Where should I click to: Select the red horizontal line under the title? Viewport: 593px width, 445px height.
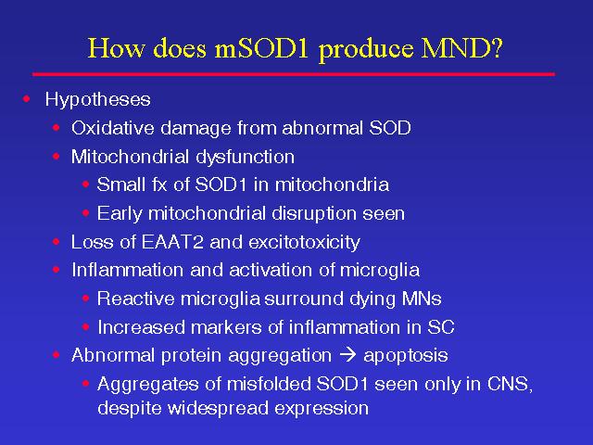[294, 74]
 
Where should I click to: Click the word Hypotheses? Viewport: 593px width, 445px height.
[98, 100]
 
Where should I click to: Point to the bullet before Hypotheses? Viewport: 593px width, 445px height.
[27, 99]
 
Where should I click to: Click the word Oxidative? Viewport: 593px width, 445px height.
[113, 128]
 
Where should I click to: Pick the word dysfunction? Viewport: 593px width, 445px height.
[245, 157]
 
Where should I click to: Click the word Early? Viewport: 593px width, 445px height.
[120, 213]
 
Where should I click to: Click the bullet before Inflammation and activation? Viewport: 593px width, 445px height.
[57, 270]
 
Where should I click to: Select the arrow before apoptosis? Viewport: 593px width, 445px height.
[348, 355]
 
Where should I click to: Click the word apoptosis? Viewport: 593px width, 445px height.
[406, 356]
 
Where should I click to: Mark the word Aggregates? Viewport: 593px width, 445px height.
[148, 385]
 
